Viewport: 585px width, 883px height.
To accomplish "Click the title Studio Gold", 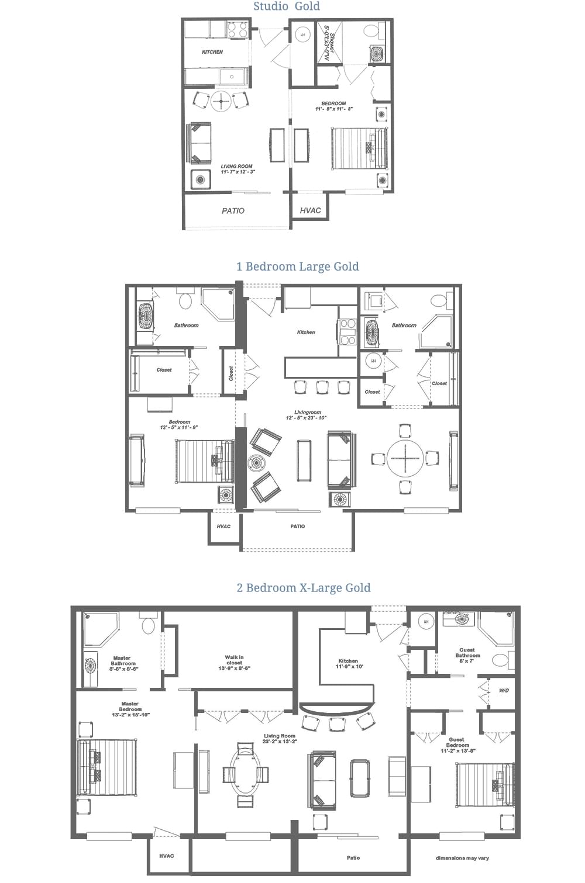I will (x=287, y=6).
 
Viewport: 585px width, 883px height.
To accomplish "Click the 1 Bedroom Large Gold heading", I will (x=297, y=266).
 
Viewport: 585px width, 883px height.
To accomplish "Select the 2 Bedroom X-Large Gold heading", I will (x=303, y=588).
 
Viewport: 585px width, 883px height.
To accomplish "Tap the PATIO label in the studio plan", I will (x=233, y=211).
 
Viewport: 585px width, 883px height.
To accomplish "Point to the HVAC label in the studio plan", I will (x=310, y=210).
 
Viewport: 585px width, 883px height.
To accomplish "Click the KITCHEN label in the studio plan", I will (x=212, y=52).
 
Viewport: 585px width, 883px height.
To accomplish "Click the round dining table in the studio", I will (x=222, y=101).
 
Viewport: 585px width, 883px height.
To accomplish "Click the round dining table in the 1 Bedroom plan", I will (x=405, y=458).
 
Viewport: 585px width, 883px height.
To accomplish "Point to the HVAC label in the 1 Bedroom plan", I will (x=223, y=527).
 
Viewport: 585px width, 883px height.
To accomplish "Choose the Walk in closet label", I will (x=234, y=663).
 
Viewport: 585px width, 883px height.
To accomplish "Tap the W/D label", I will (x=504, y=691).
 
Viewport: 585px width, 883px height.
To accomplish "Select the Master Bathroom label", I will (x=123, y=661).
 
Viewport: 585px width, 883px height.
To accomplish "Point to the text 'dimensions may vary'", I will (x=462, y=858).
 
